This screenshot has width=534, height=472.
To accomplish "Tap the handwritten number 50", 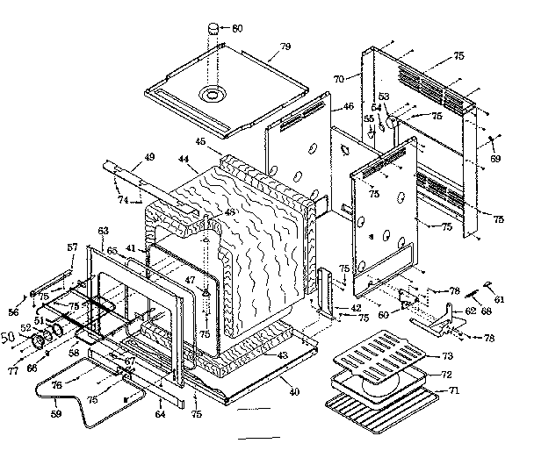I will pyautogui.click(x=11, y=337).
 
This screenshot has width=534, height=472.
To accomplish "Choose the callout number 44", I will pyautogui.click(x=183, y=160).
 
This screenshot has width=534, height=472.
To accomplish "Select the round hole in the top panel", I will pyautogui.click(x=211, y=93).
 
